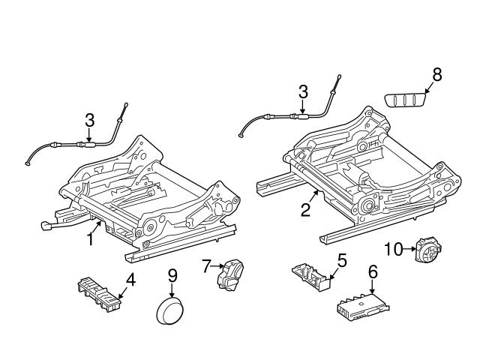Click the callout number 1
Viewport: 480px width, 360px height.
coord(91,239)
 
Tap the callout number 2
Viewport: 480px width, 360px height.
coord(305,209)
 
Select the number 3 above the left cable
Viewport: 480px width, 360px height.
coord(89,120)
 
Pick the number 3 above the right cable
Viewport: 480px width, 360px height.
coord(302,92)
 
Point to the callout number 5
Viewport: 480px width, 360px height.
coord(341,261)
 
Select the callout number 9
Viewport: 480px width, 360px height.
coord(172,276)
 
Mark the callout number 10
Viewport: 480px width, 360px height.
coord(394,248)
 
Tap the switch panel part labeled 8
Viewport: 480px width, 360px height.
coord(407,100)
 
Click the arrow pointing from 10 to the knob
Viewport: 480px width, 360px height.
coord(410,248)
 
